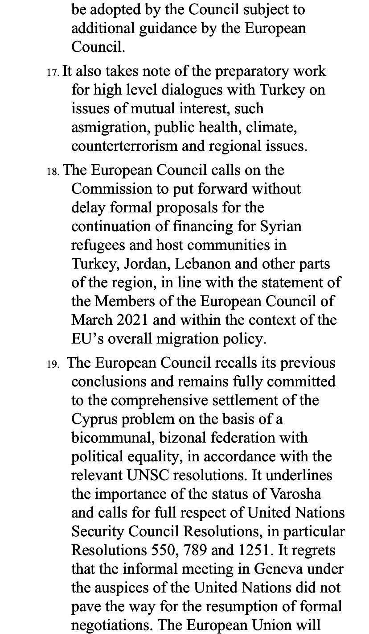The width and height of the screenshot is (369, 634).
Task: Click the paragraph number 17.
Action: (x=53, y=72)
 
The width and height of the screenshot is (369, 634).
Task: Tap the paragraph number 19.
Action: (x=53, y=364)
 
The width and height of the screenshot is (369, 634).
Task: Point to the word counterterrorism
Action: (x=126, y=146)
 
